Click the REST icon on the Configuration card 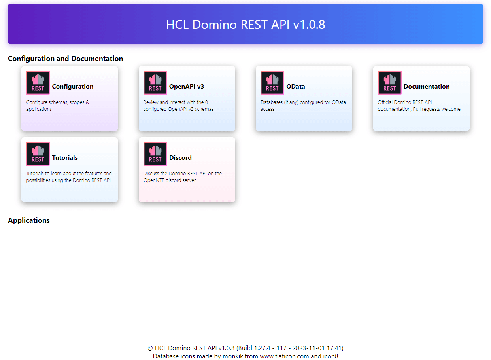pyautogui.click(x=38, y=83)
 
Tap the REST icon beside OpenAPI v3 pyautogui.click(x=155, y=83)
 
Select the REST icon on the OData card pyautogui.click(x=272, y=83)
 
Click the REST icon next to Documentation pyautogui.click(x=389, y=83)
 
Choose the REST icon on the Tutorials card pyautogui.click(x=38, y=154)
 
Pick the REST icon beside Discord pyautogui.click(x=155, y=154)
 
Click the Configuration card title pyautogui.click(x=73, y=87)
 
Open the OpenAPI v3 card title pyautogui.click(x=187, y=86)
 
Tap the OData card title pyautogui.click(x=295, y=86)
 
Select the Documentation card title pyautogui.click(x=427, y=86)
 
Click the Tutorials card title pyautogui.click(x=65, y=157)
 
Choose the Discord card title pyautogui.click(x=180, y=157)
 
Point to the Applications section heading pyautogui.click(x=29, y=220)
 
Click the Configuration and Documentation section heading pyautogui.click(x=65, y=59)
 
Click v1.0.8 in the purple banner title pyautogui.click(x=309, y=25)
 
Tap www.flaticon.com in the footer pyautogui.click(x=284, y=356)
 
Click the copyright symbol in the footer pyautogui.click(x=150, y=348)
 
